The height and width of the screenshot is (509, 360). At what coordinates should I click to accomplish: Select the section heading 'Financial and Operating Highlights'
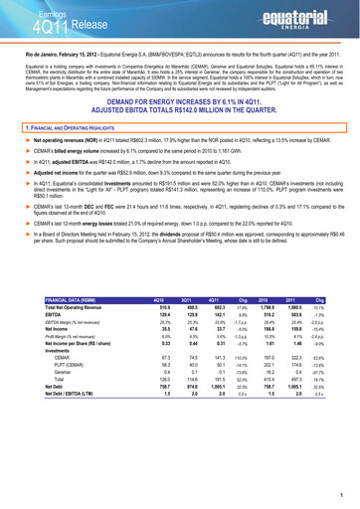pyautogui.click(x=70, y=130)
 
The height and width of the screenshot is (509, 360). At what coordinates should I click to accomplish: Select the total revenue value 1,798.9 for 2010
pyautogui.click(x=265, y=334)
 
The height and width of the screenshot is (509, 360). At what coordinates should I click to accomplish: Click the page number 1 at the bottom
pyautogui.click(x=343, y=495)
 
